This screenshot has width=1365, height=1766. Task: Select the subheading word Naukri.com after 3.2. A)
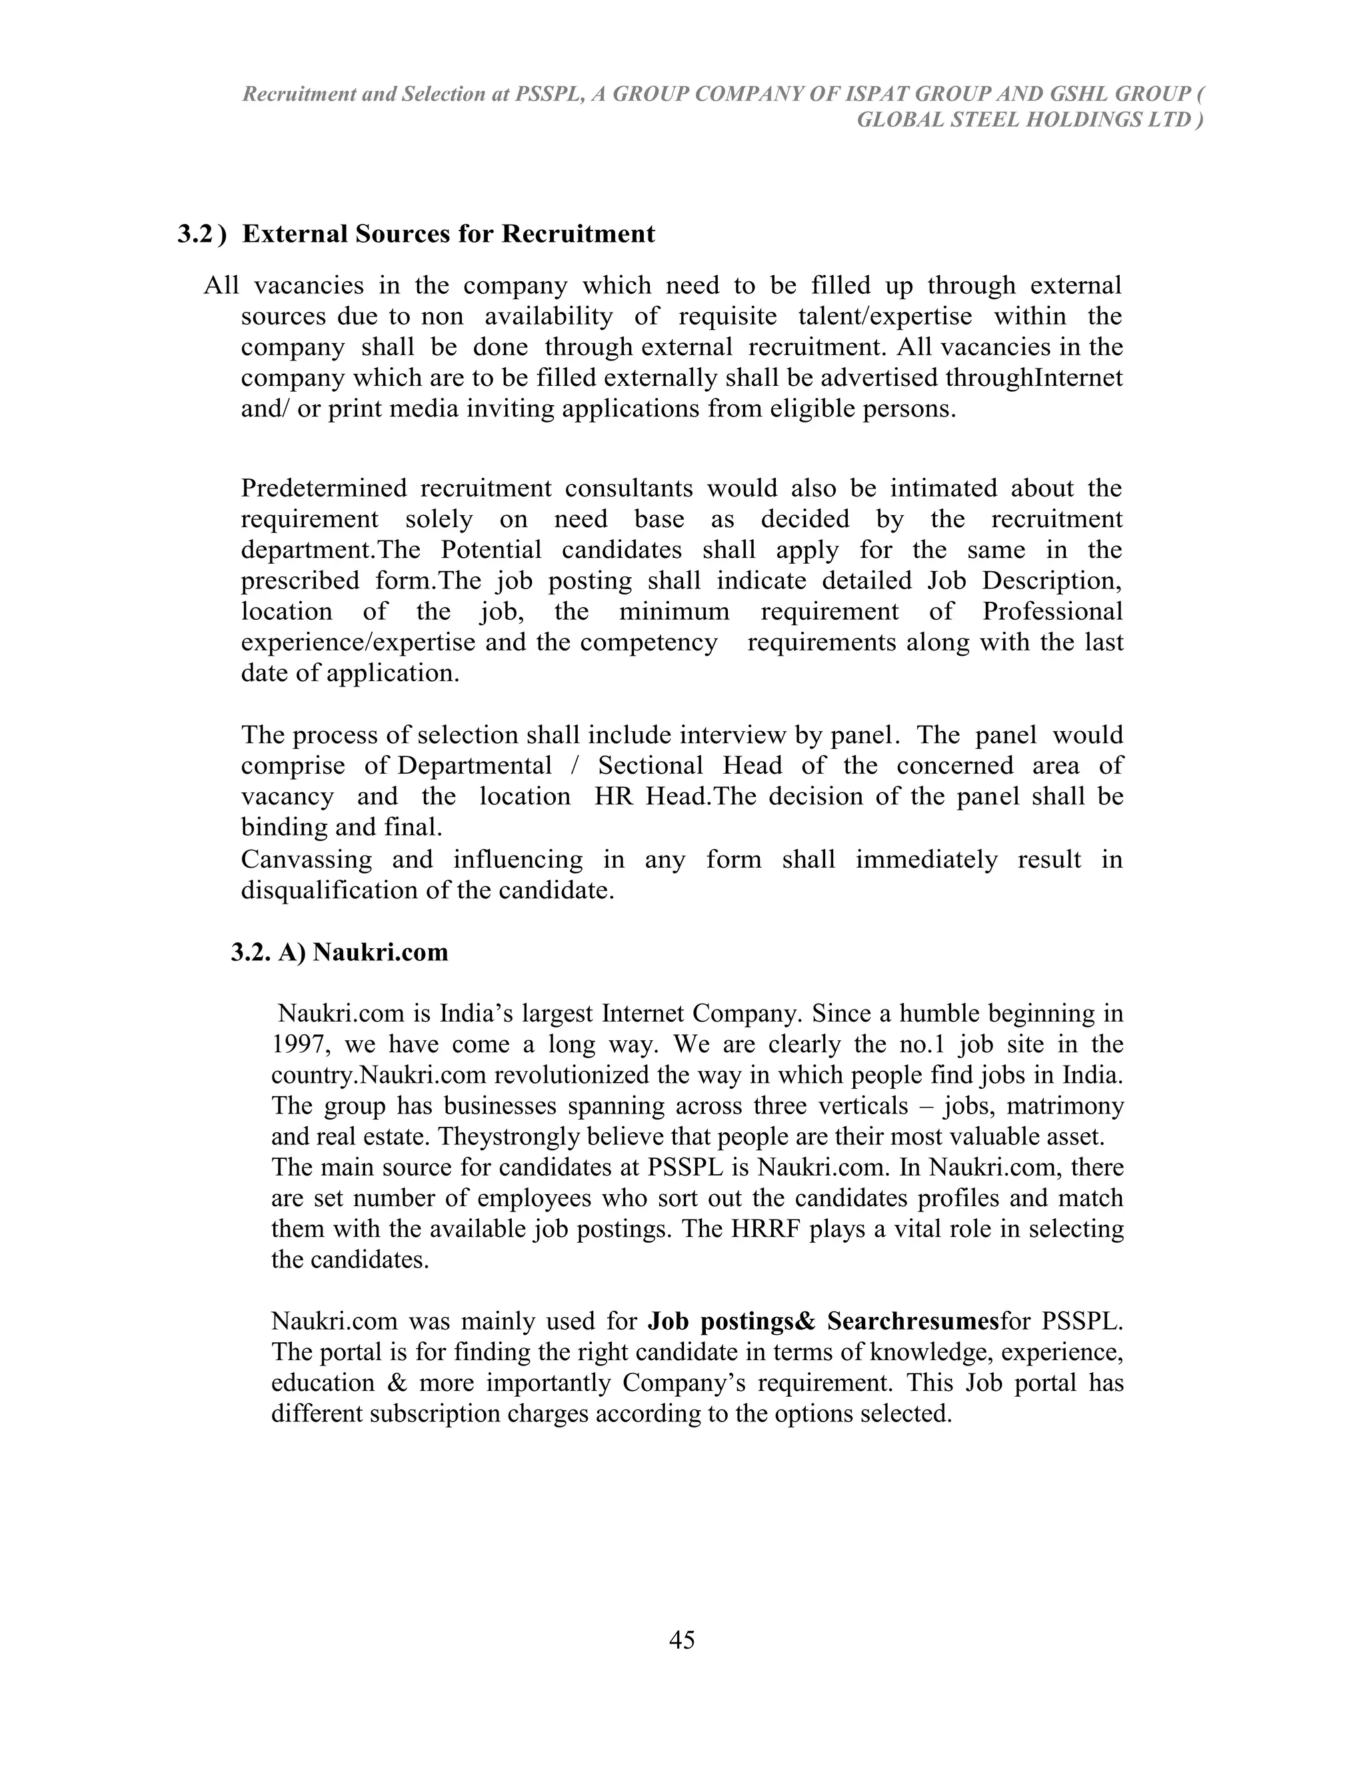380,952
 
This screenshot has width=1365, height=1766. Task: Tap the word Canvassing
307,859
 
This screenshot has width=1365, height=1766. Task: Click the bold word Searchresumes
913,1322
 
